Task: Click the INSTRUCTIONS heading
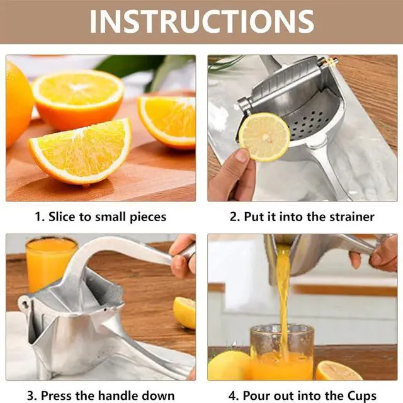pos(201,21)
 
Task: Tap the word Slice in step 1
pos(62,217)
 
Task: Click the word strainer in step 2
pos(352,217)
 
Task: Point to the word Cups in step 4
pos(362,396)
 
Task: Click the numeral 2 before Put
pos(234,217)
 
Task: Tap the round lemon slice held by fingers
pos(264,137)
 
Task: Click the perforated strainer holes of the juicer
pos(309,123)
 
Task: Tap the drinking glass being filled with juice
pos(282,352)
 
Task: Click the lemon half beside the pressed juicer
pos(184,312)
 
